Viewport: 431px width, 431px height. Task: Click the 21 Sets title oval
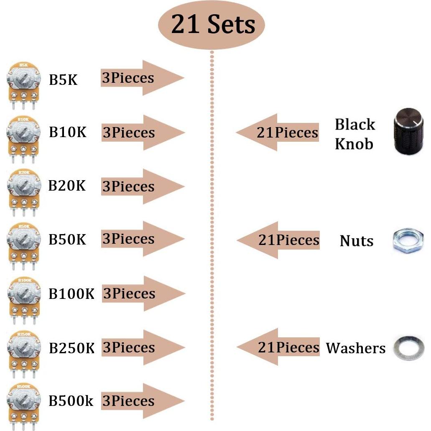click(212, 25)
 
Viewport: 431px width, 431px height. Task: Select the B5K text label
click(63, 79)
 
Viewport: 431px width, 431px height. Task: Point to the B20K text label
click(67, 186)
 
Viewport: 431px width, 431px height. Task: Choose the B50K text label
click(67, 239)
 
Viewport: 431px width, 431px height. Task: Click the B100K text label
click(71, 293)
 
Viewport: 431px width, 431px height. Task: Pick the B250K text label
click(71, 347)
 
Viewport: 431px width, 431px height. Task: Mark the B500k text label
click(71, 401)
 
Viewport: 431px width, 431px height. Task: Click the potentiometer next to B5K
click(24, 82)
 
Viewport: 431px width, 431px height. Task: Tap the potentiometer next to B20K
click(24, 189)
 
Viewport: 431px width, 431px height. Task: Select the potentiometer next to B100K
click(24, 296)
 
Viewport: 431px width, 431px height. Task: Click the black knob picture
click(409, 131)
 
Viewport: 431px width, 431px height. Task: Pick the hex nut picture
click(409, 240)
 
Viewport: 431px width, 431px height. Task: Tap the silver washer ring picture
click(409, 348)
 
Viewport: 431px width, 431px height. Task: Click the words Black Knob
click(355, 134)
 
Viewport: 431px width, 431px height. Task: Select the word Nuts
click(356, 241)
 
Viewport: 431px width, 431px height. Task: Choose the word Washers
click(356, 348)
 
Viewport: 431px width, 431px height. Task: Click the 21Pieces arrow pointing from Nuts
click(278, 240)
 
